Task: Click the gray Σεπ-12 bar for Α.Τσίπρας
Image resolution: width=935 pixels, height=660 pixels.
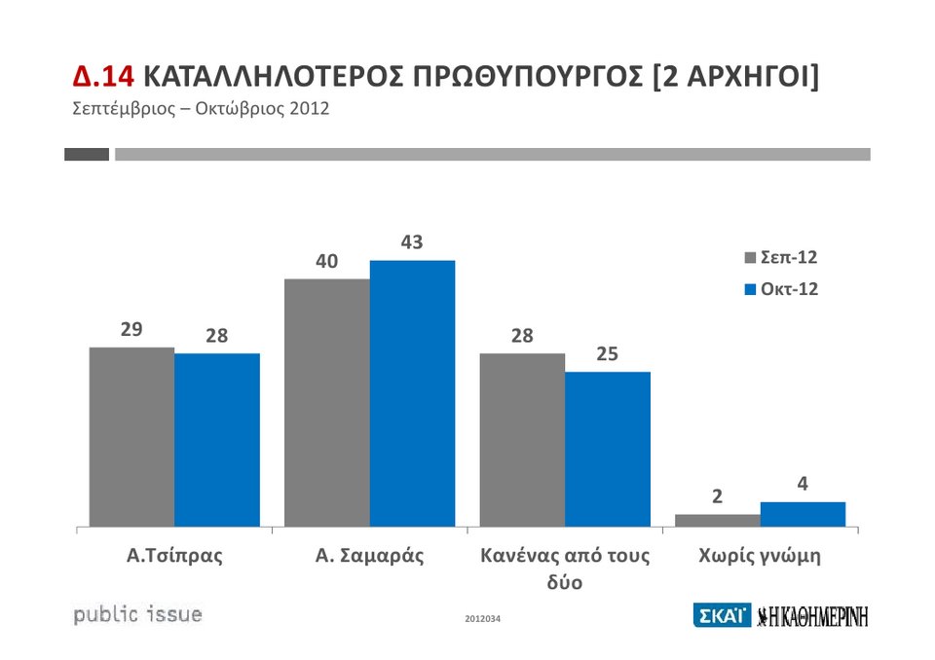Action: click(x=131, y=437)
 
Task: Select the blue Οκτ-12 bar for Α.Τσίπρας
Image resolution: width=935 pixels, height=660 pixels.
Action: click(x=217, y=440)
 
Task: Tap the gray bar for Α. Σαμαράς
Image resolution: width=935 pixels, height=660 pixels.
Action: click(x=327, y=403)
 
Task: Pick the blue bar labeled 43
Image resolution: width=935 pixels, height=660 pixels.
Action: click(x=412, y=393)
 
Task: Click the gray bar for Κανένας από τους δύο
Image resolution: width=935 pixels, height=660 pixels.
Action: click(x=522, y=440)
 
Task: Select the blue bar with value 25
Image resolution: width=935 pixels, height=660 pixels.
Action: click(x=608, y=449)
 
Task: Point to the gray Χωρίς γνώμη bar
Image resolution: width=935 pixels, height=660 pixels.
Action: click(x=717, y=521)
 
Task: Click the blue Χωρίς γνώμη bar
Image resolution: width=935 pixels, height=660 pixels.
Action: click(x=803, y=514)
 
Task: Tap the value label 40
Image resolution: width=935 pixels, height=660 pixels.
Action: click(x=326, y=262)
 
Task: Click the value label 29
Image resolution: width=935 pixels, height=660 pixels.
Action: click(x=131, y=330)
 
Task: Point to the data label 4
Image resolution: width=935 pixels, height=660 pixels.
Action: click(x=803, y=484)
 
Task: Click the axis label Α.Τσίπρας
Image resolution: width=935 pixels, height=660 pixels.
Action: click(x=175, y=557)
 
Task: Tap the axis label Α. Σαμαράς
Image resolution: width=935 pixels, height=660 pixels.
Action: click(x=370, y=557)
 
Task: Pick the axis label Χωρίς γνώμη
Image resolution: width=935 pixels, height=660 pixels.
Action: click(x=760, y=557)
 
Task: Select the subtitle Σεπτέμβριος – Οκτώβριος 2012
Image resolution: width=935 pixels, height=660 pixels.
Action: click(x=202, y=108)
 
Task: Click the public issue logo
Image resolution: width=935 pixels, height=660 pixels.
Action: click(x=138, y=614)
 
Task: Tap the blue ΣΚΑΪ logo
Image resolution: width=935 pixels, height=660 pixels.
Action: click(x=722, y=615)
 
